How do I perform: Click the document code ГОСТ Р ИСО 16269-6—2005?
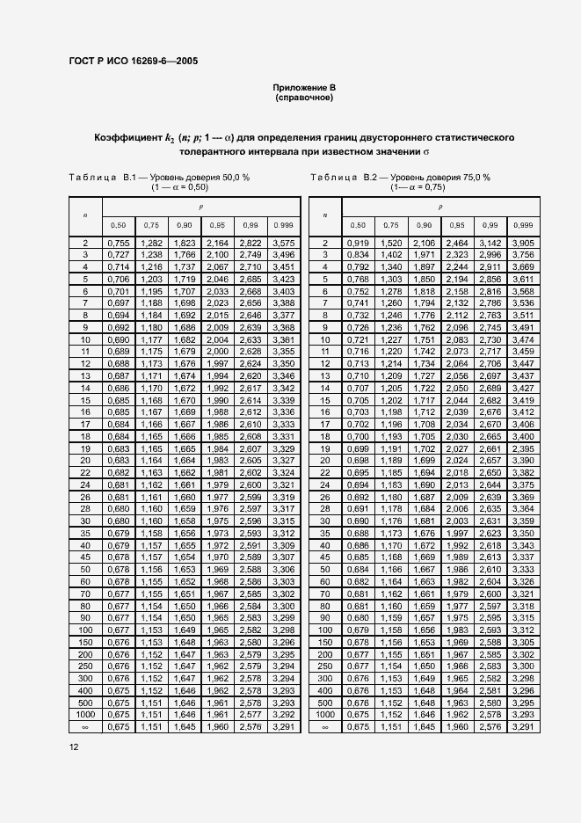pyautogui.click(x=132, y=61)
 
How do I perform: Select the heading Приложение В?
pyautogui.click(x=304, y=89)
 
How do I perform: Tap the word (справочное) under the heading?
pyautogui.click(x=304, y=98)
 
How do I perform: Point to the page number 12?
pyautogui.click(x=75, y=747)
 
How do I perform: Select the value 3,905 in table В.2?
pyautogui.click(x=523, y=243)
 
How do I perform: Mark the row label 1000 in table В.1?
pyautogui.click(x=85, y=716)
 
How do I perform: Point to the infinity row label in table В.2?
pyautogui.click(x=324, y=727)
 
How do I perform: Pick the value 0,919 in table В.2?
pyautogui.click(x=358, y=243)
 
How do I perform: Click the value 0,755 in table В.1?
pyautogui.click(x=118, y=243)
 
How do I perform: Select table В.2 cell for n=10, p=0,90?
pyautogui.click(x=424, y=339)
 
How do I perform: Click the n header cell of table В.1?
pyautogui.click(x=85, y=214)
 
